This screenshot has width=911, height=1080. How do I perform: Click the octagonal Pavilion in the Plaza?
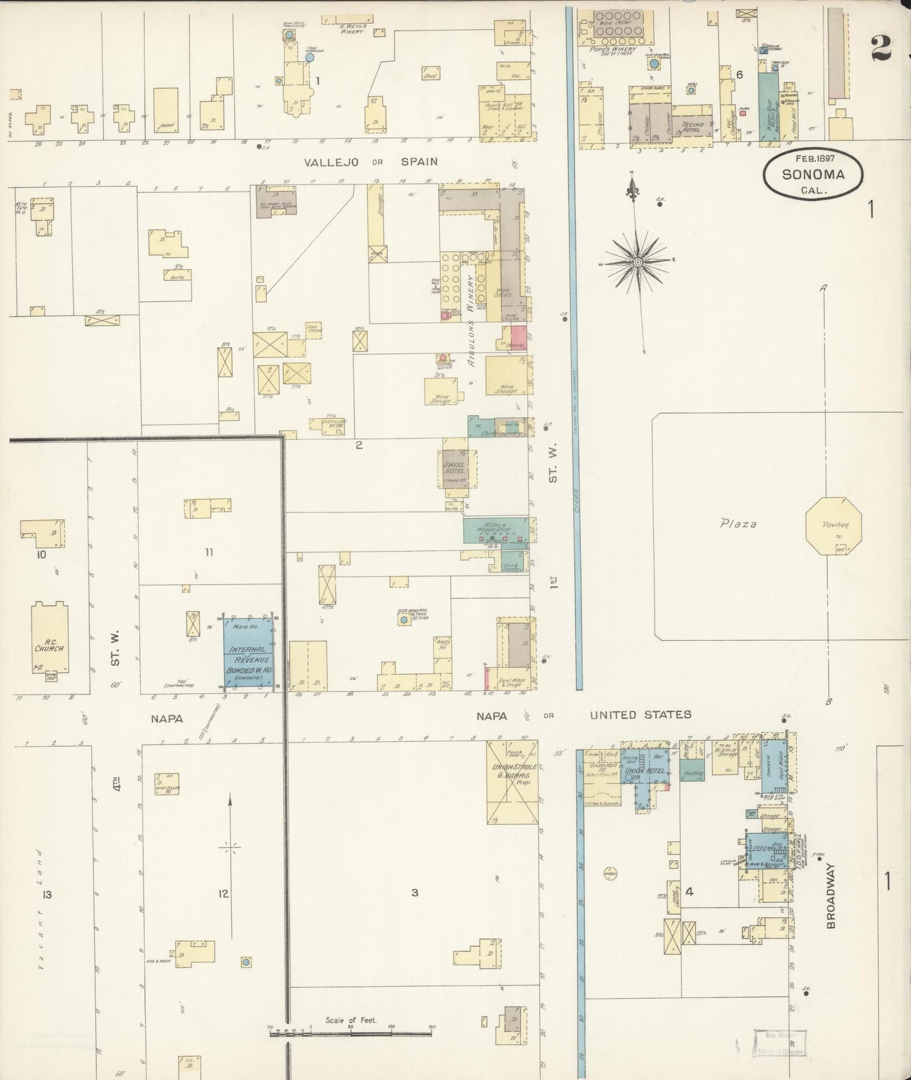tap(831, 526)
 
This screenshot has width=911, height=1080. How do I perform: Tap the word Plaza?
tap(738, 523)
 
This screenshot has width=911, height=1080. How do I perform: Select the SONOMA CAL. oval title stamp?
tap(813, 175)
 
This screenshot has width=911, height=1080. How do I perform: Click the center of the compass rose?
tap(637, 261)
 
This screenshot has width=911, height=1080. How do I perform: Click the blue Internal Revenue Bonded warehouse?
tap(249, 655)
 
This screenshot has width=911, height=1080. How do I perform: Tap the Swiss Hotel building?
tap(454, 468)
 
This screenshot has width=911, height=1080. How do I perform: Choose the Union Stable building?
tap(512, 781)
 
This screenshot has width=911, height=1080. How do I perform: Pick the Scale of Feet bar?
tap(351, 1033)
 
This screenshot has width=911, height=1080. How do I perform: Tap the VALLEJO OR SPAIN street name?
tap(371, 162)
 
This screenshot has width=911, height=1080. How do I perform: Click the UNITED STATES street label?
tap(640, 715)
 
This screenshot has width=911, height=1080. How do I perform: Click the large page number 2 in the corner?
tap(881, 47)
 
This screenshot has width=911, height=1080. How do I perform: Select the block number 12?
tap(223, 893)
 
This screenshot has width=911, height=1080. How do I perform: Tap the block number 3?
tap(414, 892)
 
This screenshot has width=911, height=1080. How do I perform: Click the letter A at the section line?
tap(823, 288)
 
